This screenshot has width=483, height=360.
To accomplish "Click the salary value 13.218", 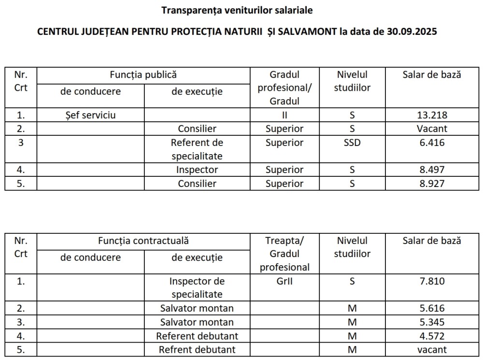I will [432, 115].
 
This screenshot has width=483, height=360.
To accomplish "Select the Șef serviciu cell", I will [90, 115].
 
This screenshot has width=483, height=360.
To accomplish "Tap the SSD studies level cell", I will [352, 143].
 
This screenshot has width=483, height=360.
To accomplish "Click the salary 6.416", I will [432, 143].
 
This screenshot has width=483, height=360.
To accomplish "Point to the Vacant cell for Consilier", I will [432, 129].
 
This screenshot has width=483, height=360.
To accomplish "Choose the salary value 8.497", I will [432, 170].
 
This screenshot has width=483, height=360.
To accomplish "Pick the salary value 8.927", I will [432, 184].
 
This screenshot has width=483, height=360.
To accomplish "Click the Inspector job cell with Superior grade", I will [197, 170].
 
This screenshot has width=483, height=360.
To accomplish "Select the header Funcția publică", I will [143, 75].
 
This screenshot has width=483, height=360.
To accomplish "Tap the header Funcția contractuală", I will [143, 240].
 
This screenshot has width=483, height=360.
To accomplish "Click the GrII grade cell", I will [284, 281].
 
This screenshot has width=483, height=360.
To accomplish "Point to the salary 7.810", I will [432, 281].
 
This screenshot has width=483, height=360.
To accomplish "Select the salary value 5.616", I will [432, 308].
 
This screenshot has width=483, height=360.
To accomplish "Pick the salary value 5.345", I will [432, 322].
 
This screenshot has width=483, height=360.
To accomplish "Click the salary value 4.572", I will [432, 336].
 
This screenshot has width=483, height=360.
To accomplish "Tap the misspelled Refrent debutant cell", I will [197, 349].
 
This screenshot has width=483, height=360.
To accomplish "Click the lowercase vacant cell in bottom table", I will [432, 349].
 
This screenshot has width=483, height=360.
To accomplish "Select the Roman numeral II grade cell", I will [284, 115].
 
